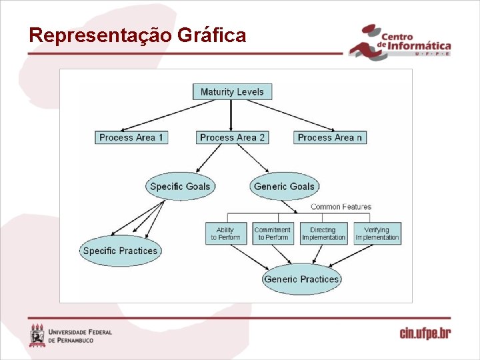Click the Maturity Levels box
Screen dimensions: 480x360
point(232,92)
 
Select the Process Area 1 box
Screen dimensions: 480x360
point(131,137)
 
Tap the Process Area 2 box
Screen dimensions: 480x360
point(232,137)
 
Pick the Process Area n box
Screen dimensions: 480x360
point(330,137)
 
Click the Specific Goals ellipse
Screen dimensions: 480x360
point(180,186)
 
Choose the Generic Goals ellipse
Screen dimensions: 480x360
point(284,186)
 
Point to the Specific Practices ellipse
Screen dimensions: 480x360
point(120,251)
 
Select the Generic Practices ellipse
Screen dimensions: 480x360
point(301,279)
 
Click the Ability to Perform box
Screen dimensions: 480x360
point(225,234)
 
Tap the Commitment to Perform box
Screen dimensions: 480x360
point(273,234)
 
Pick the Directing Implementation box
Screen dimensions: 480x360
point(323,234)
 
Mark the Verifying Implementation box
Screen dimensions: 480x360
point(377,234)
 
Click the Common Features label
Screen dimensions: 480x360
point(341,207)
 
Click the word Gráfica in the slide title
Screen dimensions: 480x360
point(212,35)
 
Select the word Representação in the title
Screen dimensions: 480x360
point(100,35)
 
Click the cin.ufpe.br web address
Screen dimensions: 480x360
point(425,333)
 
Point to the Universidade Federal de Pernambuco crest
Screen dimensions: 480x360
point(37,335)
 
